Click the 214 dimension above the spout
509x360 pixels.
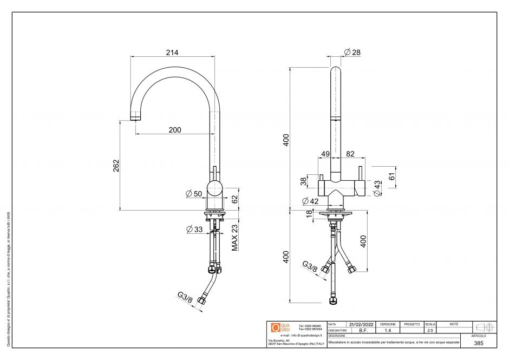[x=172, y=53]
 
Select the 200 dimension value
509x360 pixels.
[x=174, y=130]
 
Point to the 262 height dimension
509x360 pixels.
[x=116, y=166]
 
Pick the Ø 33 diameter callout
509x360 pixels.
[x=194, y=230]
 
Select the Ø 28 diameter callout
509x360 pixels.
[x=352, y=53]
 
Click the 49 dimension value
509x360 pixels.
[x=325, y=154]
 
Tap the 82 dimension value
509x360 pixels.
[x=350, y=154]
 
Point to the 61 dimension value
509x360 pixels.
[x=392, y=176]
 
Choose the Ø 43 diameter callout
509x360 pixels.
[x=377, y=189]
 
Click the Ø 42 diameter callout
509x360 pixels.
[x=310, y=201]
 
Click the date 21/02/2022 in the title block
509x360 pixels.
[x=362, y=324]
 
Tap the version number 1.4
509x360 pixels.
[x=388, y=330]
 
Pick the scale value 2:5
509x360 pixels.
[x=430, y=330]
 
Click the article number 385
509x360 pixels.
[x=478, y=343]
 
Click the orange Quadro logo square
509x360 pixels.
[x=275, y=327]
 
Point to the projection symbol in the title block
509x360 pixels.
[x=484, y=327]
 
